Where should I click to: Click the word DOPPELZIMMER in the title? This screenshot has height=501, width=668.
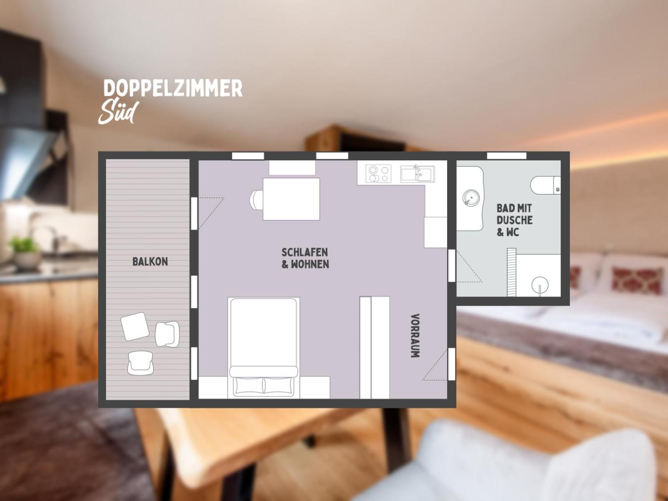click(x=173, y=88)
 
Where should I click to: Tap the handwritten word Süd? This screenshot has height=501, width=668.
click(x=119, y=113)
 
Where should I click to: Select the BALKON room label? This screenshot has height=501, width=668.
click(x=150, y=262)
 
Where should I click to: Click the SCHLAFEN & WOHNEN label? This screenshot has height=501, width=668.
click(x=305, y=258)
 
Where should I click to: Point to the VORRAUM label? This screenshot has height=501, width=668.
click(x=415, y=336)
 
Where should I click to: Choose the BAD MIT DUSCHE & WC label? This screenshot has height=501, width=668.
click(x=515, y=220)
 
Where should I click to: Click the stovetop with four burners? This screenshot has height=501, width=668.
click(x=379, y=174)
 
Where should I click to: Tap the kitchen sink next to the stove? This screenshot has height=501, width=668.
click(x=417, y=174)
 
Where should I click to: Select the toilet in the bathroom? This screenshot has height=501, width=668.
click(x=545, y=185)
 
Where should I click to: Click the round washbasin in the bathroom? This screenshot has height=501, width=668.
click(x=471, y=198)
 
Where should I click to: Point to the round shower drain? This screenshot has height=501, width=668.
click(x=540, y=285)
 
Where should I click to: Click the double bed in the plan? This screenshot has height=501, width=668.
click(x=263, y=347)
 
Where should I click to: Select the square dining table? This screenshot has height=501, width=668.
click(x=291, y=199)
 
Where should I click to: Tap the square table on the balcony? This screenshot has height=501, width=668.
click(x=135, y=326)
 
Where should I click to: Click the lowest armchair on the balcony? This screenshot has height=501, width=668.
click(x=140, y=363)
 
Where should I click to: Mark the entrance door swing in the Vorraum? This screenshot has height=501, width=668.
click(x=435, y=364)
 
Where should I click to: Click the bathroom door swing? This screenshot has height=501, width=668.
click(x=469, y=267)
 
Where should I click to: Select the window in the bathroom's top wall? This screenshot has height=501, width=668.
click(x=507, y=156)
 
